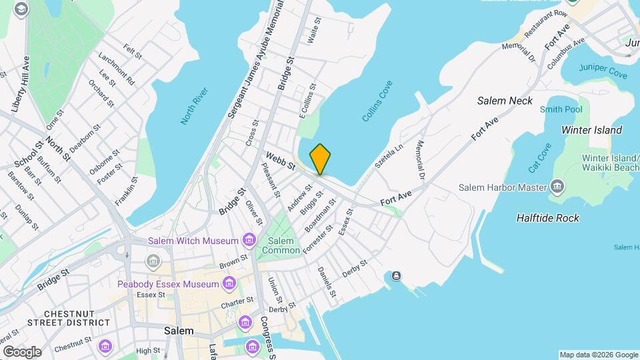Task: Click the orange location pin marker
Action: (320, 159)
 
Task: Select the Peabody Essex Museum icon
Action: (229, 285)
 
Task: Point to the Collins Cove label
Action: (377, 101)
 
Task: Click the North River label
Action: (194, 105)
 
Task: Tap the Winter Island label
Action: (591, 130)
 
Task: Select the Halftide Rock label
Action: (548, 218)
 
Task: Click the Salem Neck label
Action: (505, 101)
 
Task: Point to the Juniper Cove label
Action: (603, 71)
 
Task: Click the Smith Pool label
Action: (561, 109)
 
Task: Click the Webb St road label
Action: (280, 161)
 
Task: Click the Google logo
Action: (22, 351)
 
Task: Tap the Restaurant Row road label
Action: (545, 23)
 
